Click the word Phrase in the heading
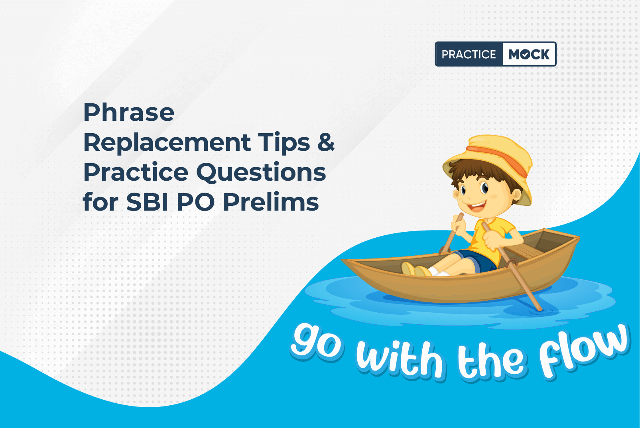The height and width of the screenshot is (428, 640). (x=129, y=112)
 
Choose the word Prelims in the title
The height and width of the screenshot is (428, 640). (x=271, y=202)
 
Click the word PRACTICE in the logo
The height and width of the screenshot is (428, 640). (x=469, y=54)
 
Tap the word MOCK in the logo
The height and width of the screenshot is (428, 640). (x=529, y=54)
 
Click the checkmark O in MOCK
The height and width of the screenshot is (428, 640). (x=526, y=54)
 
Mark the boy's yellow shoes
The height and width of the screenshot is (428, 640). (x=416, y=269)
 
